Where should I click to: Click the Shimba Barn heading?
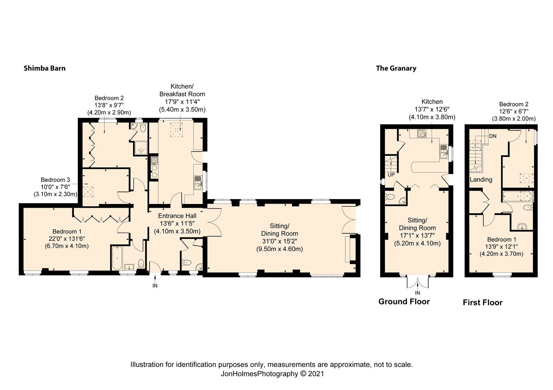(44, 68)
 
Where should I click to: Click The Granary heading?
(396, 68)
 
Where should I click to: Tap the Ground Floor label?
(404, 301)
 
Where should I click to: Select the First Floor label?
(482, 302)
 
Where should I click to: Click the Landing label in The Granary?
(481, 179)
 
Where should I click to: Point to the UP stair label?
(391, 175)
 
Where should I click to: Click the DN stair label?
(493, 136)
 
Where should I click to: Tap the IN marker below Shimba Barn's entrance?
(155, 285)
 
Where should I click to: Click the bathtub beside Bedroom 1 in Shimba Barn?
(116, 258)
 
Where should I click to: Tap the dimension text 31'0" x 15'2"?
(279, 241)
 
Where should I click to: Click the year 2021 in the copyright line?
(316, 373)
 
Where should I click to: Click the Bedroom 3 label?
(55, 179)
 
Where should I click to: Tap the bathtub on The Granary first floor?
(518, 196)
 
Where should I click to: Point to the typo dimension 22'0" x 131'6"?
(67, 238)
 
